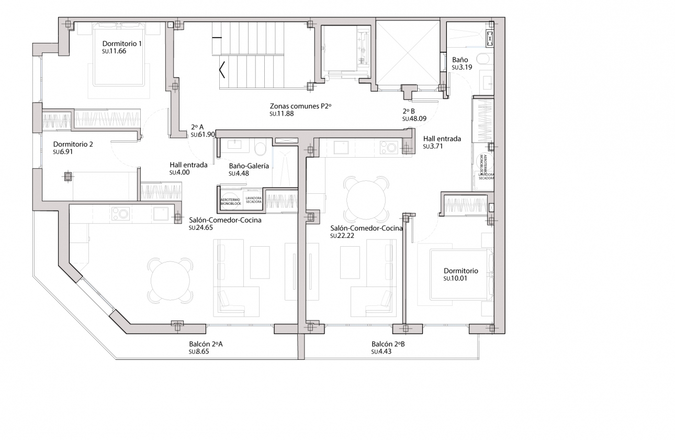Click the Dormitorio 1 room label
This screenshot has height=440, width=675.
click(122, 43)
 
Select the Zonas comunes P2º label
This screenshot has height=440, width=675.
click(301, 106)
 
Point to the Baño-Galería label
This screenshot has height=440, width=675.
click(249, 166)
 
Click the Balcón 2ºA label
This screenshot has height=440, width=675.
click(206, 344)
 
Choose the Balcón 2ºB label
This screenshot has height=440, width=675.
click(388, 344)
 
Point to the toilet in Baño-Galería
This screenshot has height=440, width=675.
click(260, 147)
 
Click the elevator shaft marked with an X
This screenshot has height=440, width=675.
click(408, 52)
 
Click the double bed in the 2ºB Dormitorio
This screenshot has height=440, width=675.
click(460, 275)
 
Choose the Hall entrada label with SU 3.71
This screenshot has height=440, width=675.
click(442, 139)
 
